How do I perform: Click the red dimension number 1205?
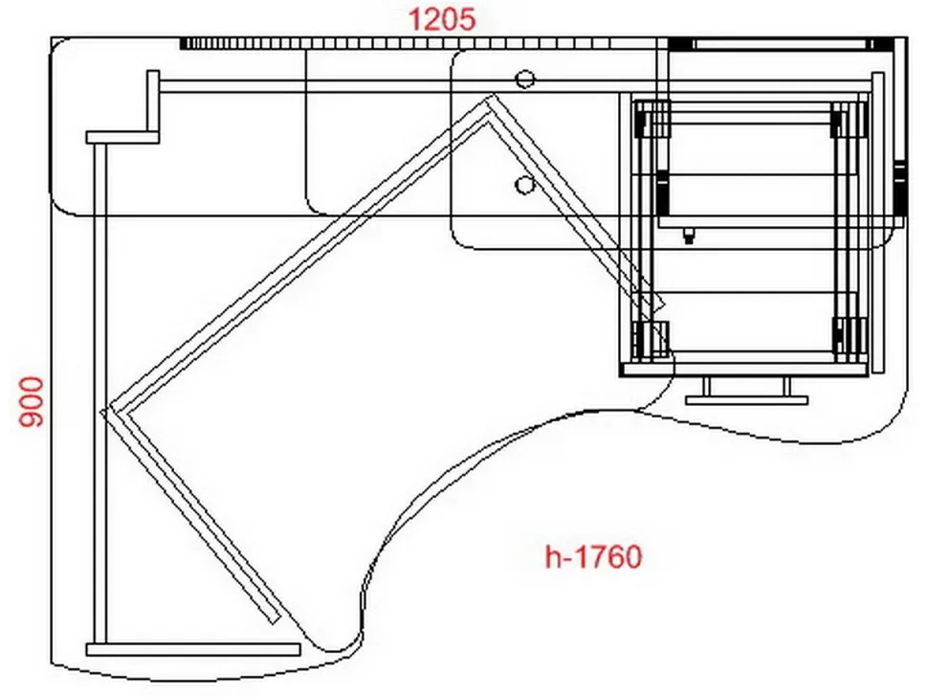tap(441, 19)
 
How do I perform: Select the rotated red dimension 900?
tap(32, 402)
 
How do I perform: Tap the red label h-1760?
tap(593, 557)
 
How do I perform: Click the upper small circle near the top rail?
tap(525, 79)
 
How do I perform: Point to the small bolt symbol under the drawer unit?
tap(688, 236)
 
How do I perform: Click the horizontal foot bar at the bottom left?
tap(193, 650)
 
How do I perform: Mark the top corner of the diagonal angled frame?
tap(490, 95)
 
